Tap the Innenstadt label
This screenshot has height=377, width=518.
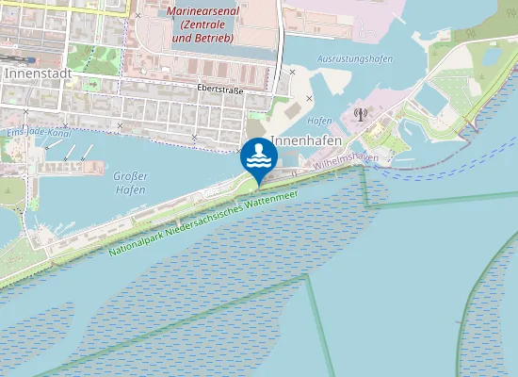(x=30, y=72)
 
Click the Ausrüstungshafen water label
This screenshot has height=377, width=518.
(x=355, y=58)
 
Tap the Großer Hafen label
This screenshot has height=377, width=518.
(x=129, y=183)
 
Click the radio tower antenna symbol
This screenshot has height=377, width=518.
(x=359, y=115)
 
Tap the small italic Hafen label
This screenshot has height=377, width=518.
(x=320, y=121)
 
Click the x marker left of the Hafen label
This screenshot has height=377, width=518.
(x=309, y=98)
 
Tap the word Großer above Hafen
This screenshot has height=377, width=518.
(x=130, y=175)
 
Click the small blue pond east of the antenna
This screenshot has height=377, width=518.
(x=431, y=98)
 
